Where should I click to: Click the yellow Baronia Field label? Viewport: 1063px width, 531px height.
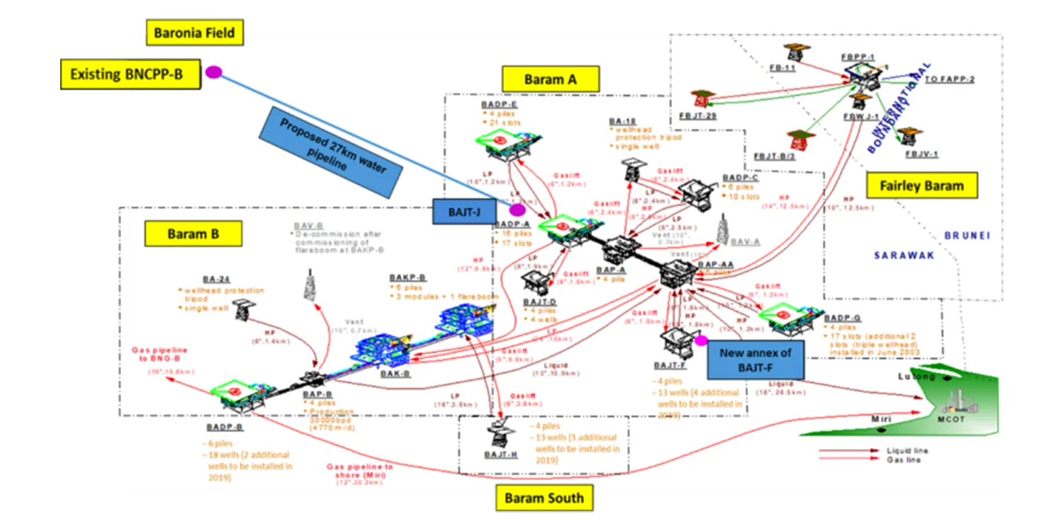click(190, 32)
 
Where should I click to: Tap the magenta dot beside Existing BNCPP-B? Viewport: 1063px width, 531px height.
click(213, 72)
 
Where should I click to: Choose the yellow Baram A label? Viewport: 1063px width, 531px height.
click(550, 79)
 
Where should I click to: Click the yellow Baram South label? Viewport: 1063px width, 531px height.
click(544, 498)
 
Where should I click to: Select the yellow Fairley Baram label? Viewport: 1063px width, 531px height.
click(921, 186)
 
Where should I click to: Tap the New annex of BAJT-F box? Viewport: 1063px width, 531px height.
click(755, 359)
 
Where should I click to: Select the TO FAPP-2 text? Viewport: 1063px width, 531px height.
click(950, 79)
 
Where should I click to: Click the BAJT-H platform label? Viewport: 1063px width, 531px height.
click(500, 455)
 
